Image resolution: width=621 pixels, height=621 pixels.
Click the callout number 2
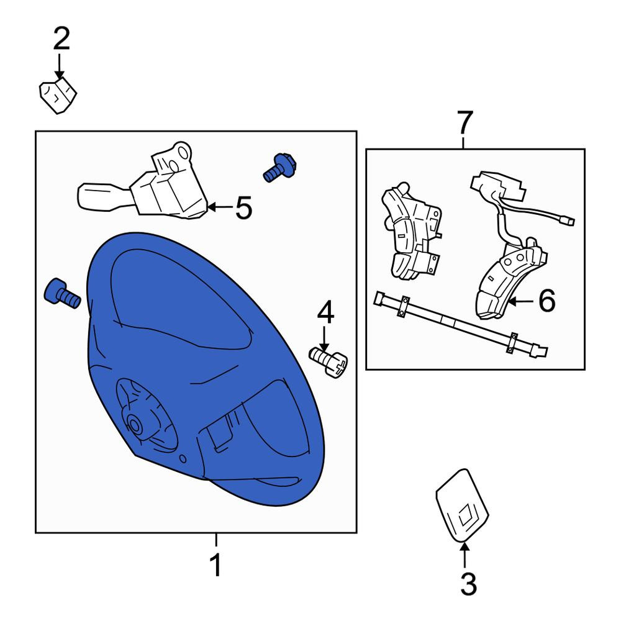point(61,39)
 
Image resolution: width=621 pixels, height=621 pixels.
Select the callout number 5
point(243,207)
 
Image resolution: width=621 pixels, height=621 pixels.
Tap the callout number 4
point(325,312)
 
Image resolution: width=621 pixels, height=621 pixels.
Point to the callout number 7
point(465,122)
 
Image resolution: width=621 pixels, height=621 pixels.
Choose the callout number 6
point(547,301)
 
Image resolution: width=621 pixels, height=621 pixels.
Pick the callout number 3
point(468,583)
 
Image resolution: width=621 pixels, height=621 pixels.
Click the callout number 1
point(216,564)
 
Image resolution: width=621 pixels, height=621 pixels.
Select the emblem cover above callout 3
point(462,505)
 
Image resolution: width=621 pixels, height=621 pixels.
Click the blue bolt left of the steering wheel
point(63,294)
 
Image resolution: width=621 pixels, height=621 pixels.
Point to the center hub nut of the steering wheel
point(135,425)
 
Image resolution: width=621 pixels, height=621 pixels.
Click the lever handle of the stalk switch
point(103,196)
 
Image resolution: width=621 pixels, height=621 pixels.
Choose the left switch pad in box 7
point(412,232)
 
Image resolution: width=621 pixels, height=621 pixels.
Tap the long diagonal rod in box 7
point(461,325)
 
